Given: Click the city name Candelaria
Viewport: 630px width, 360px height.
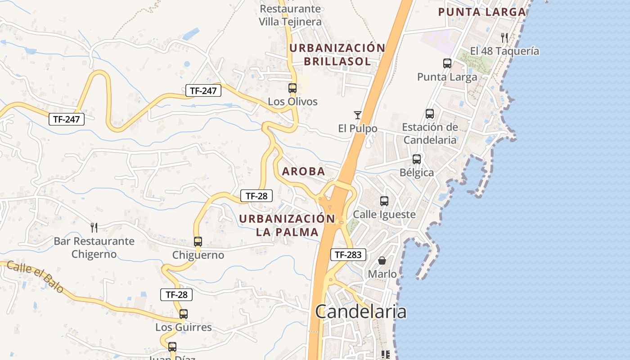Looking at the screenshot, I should pyautogui.click(x=361, y=311).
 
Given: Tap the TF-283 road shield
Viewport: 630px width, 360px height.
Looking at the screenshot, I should pyautogui.click(x=348, y=255).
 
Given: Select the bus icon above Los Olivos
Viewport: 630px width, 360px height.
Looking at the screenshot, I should pyautogui.click(x=292, y=88).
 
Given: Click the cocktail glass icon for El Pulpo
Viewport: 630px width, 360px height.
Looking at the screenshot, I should pyautogui.click(x=358, y=115).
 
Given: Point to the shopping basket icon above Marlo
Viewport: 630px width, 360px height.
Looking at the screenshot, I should pyautogui.click(x=382, y=261).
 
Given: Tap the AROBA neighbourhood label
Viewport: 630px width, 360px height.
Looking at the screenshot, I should pyautogui.click(x=303, y=171).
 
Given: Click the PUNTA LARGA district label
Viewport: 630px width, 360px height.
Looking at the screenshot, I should pyautogui.click(x=482, y=12).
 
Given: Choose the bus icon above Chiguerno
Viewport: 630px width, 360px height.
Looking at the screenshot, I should pyautogui.click(x=198, y=241).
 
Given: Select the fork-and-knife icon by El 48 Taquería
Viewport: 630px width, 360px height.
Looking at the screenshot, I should pyautogui.click(x=504, y=37).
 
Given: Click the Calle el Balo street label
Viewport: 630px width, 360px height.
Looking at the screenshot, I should pyautogui.click(x=35, y=276).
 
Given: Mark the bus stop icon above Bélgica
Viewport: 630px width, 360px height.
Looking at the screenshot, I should pyautogui.click(x=417, y=159).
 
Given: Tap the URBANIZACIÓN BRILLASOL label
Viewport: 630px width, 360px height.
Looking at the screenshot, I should pyautogui.click(x=337, y=54).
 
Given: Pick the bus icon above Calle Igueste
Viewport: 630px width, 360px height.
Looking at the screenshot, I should pyautogui.click(x=384, y=201).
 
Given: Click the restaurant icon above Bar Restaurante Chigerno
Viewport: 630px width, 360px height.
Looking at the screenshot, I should pyautogui.click(x=94, y=227).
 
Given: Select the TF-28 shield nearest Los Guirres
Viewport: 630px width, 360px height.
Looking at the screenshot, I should pyautogui.click(x=176, y=295).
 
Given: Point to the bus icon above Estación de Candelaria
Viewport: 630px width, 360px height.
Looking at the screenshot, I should pyautogui.click(x=430, y=114).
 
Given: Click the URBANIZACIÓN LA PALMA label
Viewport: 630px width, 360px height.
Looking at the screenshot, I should pyautogui.click(x=287, y=225).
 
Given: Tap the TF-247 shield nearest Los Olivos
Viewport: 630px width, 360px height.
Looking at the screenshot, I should pyautogui.click(x=203, y=90).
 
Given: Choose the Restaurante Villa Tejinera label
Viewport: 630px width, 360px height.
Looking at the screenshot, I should pyautogui.click(x=290, y=15).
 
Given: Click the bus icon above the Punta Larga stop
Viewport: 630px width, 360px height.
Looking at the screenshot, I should pyautogui.click(x=447, y=63).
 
